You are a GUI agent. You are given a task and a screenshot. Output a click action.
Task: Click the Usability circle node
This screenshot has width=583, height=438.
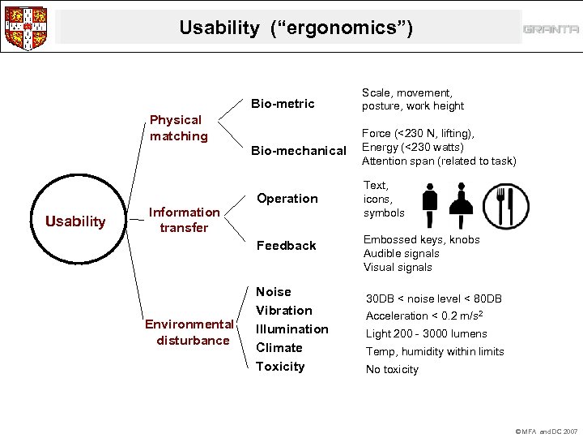[75, 221]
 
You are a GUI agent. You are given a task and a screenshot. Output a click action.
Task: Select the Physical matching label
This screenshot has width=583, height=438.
[178, 128]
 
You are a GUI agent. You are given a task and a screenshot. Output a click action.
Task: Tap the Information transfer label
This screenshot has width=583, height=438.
[184, 220]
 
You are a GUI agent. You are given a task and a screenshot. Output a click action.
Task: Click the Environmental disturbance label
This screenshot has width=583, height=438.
[189, 333]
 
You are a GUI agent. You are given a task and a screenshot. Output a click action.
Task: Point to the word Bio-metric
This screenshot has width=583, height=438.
[282, 104]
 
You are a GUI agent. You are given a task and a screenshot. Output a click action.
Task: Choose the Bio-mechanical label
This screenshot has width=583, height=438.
[298, 151]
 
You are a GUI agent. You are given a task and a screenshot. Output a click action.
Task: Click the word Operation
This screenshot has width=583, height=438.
[287, 199]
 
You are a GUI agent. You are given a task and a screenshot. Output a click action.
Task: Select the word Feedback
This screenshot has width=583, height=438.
[286, 246]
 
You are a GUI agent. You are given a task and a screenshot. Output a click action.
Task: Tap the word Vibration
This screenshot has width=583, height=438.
[283, 311]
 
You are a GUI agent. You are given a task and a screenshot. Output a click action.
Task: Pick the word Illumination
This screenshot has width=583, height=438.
[291, 329]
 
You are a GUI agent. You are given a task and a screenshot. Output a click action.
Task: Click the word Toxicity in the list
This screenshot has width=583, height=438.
[280, 367]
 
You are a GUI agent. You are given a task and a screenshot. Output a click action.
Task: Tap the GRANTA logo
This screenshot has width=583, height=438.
[551, 29]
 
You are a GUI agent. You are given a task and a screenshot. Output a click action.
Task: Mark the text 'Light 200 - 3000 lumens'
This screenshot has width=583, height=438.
[426, 333]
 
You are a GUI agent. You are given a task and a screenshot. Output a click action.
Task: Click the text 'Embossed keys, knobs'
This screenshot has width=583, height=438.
[421, 240]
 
